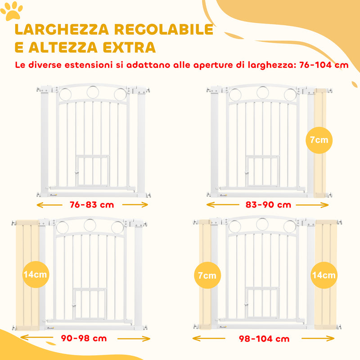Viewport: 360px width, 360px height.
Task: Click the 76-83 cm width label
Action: (x=92, y=205)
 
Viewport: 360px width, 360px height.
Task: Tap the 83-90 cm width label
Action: (x=268, y=205)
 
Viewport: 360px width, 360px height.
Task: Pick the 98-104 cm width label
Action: (x=264, y=338)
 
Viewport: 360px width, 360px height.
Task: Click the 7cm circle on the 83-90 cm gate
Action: (x=319, y=140)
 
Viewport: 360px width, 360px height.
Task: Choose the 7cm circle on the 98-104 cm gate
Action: (x=207, y=275)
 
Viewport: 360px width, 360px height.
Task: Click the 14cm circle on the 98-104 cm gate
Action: (x=324, y=275)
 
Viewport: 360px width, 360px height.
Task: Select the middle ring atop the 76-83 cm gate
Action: (x=94, y=92)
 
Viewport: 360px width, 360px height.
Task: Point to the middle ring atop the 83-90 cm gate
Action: (x=263, y=92)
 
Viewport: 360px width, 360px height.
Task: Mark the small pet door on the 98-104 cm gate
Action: (x=262, y=303)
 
